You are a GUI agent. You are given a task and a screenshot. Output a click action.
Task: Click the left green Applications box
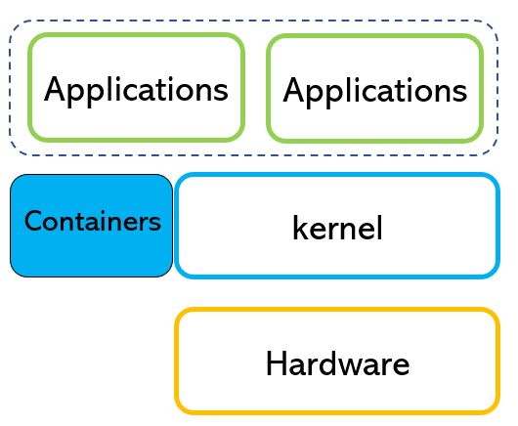pos(136,36)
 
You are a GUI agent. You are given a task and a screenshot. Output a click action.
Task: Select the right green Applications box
pos(374,36)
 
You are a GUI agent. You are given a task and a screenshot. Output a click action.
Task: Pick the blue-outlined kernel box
pos(337,175)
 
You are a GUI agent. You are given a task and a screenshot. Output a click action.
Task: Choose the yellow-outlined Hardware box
pos(337,310)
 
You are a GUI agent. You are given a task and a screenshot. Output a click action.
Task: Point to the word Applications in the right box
pos(375,92)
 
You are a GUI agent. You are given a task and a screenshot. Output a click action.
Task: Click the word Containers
pos(93,221)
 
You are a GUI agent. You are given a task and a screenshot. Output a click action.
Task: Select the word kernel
pos(337,228)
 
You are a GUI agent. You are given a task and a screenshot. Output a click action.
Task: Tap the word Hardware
pos(337,363)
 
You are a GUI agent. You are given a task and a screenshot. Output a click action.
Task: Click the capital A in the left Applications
pos(56,89)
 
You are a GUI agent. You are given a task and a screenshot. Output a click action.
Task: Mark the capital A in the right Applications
pos(294,90)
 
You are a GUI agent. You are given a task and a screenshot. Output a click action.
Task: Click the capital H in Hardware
pos(276,363)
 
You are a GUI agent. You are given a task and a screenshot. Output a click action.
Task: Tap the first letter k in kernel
pos(301,228)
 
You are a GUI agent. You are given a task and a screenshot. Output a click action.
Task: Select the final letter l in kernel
pos(380,228)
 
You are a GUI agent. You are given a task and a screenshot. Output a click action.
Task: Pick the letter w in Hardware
pos(360,366)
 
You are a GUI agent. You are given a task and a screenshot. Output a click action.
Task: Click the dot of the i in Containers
pos(112,212)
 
